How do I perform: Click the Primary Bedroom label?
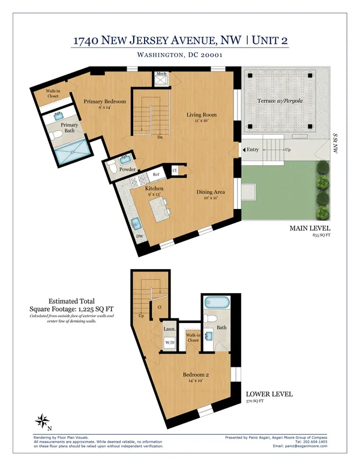click(x=104, y=101)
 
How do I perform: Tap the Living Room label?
click(x=201, y=115)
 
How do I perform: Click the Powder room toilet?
click(x=112, y=170)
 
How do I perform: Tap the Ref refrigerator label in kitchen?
click(x=155, y=175)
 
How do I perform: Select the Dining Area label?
click(x=210, y=192)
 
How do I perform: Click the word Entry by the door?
click(x=253, y=150)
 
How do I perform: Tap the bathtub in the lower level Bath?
click(x=215, y=300)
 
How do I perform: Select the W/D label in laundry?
click(x=169, y=343)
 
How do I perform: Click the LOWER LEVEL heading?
click(x=269, y=395)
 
